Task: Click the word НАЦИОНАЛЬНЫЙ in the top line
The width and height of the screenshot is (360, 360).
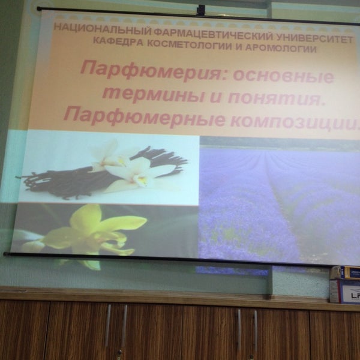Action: pos(86,28)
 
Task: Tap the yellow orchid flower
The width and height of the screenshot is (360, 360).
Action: pos(96,232)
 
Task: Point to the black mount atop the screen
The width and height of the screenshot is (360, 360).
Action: pos(201,9)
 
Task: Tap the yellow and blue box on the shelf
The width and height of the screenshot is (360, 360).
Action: pos(345,272)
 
